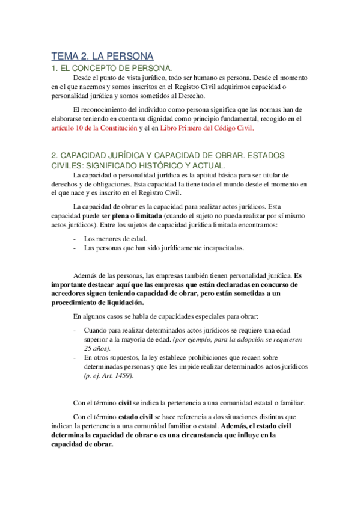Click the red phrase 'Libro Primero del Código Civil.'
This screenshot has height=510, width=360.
[206, 127]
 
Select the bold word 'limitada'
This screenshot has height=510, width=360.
[148, 215]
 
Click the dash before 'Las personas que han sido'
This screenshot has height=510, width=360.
[74, 247]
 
